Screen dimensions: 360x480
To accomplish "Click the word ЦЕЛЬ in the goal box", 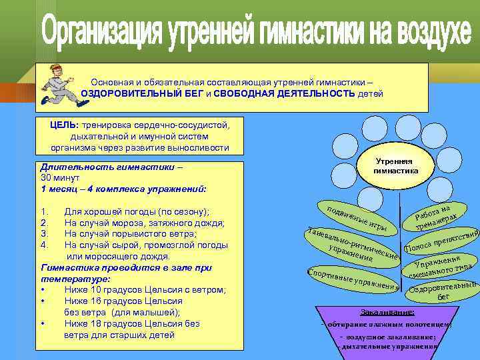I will (x=64, y=124).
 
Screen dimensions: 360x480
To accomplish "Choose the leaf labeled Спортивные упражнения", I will (x=352, y=281).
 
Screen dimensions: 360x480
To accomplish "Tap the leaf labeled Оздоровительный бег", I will (x=443, y=291).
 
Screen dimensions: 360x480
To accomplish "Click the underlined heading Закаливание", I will (x=387, y=311).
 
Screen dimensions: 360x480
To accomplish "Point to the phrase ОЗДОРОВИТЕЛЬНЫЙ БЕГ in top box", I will (x=131, y=93).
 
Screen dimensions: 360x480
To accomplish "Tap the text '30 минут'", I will (x=60, y=179).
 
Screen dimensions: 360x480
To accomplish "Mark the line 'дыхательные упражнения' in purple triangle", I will (x=387, y=347).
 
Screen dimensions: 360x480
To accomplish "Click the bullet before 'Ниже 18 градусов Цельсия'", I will (x=43, y=324).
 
